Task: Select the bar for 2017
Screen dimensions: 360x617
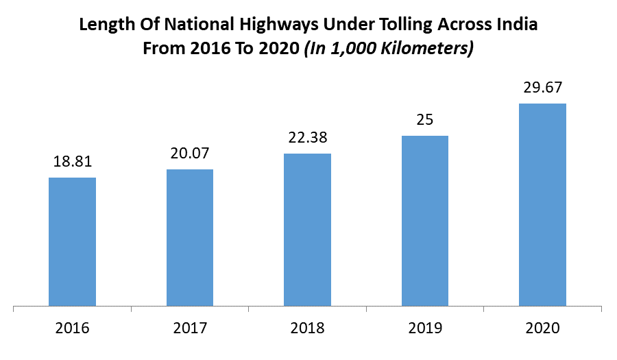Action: click(x=190, y=237)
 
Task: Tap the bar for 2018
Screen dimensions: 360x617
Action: click(x=307, y=230)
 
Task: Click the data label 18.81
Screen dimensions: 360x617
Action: click(x=72, y=162)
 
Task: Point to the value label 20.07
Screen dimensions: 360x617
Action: click(x=190, y=154)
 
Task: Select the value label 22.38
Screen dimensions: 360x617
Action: click(x=307, y=138)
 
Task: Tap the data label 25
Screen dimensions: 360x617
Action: click(x=425, y=120)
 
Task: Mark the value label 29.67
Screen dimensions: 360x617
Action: click(x=542, y=88)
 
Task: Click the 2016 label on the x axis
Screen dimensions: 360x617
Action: click(x=72, y=328)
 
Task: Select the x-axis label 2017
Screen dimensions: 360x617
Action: click(x=190, y=328)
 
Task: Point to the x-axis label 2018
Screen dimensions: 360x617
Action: click(x=307, y=328)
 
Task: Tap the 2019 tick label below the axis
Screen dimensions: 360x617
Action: click(x=425, y=328)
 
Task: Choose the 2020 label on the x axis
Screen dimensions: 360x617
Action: click(x=542, y=328)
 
